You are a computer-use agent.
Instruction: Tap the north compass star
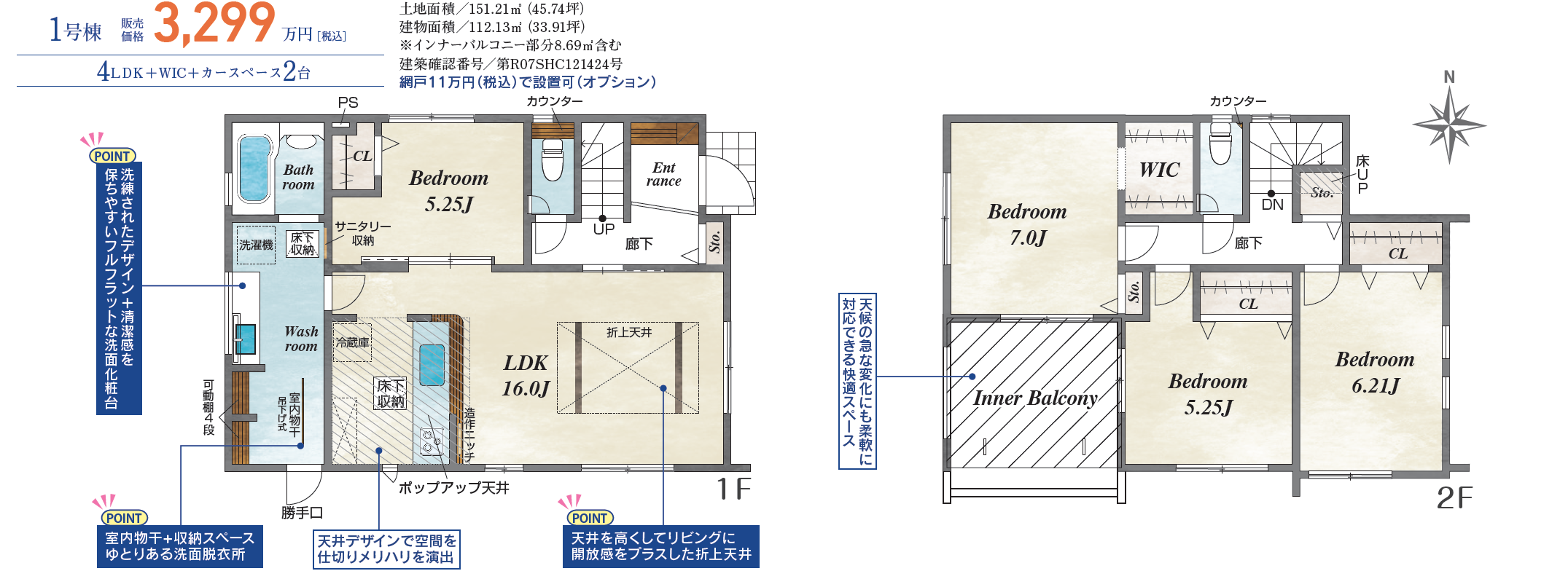coord(1449,124)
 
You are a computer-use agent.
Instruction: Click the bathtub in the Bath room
coord(254,169)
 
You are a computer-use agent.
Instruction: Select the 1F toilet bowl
coord(553,160)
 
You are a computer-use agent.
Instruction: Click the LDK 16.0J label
coord(526,376)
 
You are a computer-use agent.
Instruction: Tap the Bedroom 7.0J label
coord(1027,224)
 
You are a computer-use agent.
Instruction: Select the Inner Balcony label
coord(1035,398)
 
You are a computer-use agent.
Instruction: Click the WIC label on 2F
coord(1159,170)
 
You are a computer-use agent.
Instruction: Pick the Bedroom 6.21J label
coord(1375,372)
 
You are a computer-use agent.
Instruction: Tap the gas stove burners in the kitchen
coord(431,441)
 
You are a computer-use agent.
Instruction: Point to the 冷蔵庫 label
coord(352,342)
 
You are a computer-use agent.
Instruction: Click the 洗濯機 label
coord(256,245)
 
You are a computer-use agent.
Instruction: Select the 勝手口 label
coord(302,513)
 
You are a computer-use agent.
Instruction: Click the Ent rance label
coord(664,175)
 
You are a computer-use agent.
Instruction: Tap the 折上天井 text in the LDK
coord(629,332)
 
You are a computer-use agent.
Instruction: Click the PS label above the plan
coord(348,103)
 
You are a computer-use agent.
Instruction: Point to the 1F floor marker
coord(733,489)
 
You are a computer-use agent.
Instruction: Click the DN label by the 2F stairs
coord(1272,205)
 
